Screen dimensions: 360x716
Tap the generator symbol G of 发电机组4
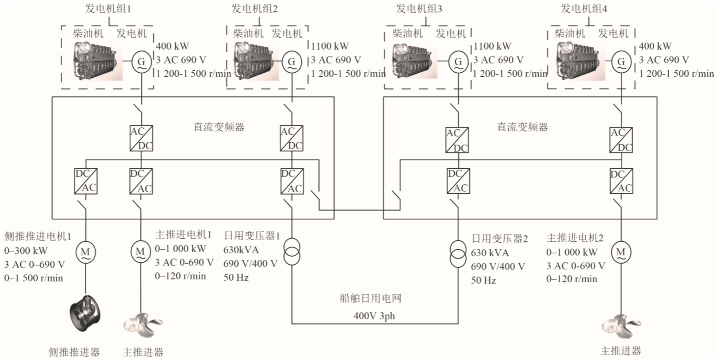pyautogui.click(x=621, y=61)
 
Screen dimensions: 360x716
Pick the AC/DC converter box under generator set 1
pyautogui.click(x=141, y=138)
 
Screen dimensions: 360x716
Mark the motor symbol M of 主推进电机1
pyautogui.click(x=140, y=251)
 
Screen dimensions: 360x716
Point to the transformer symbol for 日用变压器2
pyautogui.click(x=458, y=252)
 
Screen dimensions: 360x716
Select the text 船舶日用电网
pyautogui.click(x=369, y=298)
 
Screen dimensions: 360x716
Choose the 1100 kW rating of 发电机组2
pyautogui.click(x=330, y=46)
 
